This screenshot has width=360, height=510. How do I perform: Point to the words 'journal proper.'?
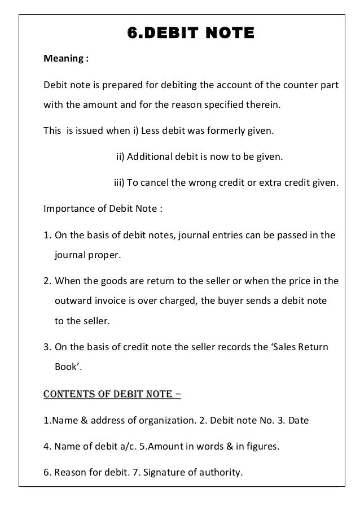pyautogui.click(x=87, y=255)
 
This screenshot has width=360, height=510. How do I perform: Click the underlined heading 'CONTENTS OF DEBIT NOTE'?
pyautogui.click(x=112, y=393)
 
